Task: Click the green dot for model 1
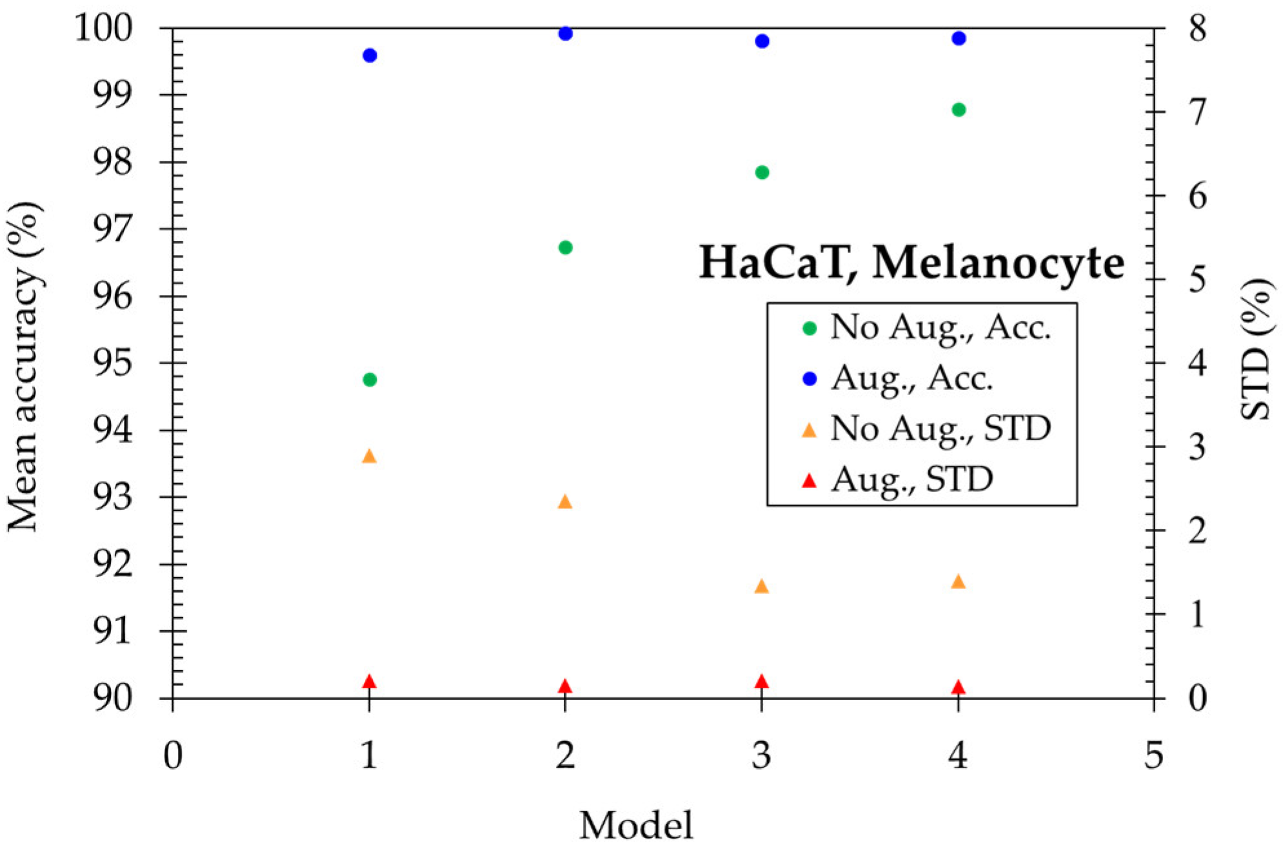tap(370, 380)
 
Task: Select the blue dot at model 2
tap(566, 33)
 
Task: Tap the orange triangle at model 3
tap(762, 586)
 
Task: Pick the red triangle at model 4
tap(958, 687)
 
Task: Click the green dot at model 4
tap(959, 110)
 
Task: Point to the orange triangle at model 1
tap(369, 456)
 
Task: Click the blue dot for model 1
tap(370, 56)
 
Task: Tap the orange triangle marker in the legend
tap(809, 430)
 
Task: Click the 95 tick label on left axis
tap(114, 363)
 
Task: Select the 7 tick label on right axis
tap(1197, 112)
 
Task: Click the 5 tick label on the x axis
tap(1153, 754)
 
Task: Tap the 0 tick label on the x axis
tap(173, 754)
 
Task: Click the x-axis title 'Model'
tap(636, 825)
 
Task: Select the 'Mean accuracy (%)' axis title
tap(25, 367)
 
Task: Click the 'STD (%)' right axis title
tap(1257, 349)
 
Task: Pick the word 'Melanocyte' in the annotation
tap(998, 263)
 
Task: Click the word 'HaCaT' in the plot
tap(773, 263)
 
